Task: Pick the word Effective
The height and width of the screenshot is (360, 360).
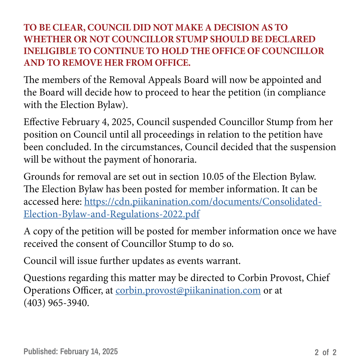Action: click(41, 122)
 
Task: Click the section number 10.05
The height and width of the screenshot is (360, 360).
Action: click(212, 176)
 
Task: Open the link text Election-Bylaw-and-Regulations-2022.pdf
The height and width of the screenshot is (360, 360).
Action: click(112, 214)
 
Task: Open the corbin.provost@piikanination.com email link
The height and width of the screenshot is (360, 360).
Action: click(188, 290)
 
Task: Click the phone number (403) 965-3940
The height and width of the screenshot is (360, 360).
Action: click(56, 303)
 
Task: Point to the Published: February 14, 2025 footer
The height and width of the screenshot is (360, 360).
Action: click(71, 352)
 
